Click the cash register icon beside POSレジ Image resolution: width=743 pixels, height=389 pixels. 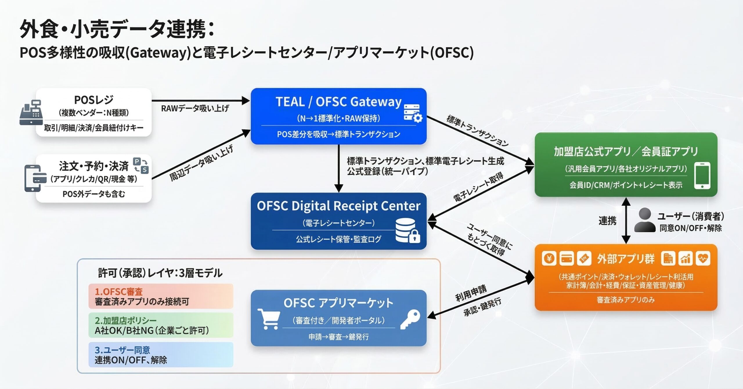(31, 113)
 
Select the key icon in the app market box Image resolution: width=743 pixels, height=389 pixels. (410, 319)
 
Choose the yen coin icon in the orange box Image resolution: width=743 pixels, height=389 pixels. (549, 258)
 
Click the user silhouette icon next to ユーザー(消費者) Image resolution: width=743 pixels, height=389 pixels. (645, 220)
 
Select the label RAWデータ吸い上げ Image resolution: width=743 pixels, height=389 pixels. (195, 109)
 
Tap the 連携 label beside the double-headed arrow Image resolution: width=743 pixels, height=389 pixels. (607, 221)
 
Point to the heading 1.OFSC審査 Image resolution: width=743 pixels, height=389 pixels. (119, 291)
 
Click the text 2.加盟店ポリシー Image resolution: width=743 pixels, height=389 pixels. (126, 320)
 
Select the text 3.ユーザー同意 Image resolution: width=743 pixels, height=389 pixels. (122, 350)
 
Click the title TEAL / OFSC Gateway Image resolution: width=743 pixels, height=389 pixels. (338, 102)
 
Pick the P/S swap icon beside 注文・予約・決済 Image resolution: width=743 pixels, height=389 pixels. (141, 165)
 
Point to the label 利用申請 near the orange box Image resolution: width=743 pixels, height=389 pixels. (470, 293)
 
